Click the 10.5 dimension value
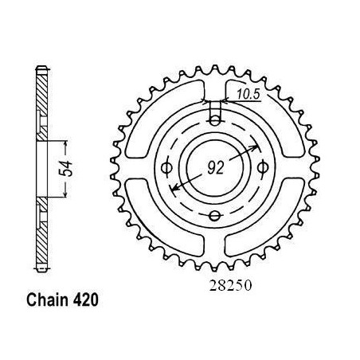pyautogui.click(x=248, y=94)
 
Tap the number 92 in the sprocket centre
pyautogui.click(x=216, y=168)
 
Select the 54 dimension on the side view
pyautogui.click(x=65, y=169)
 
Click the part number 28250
pyautogui.click(x=230, y=286)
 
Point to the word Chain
pyautogui.click(x=47, y=300)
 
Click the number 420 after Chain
pyautogui.click(x=85, y=300)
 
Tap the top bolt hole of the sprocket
pyautogui.click(x=215, y=121)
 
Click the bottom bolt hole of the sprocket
pyautogui.click(x=215, y=216)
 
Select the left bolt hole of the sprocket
pyautogui.click(x=167, y=168)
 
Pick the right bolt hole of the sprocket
pyautogui.click(x=263, y=167)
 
